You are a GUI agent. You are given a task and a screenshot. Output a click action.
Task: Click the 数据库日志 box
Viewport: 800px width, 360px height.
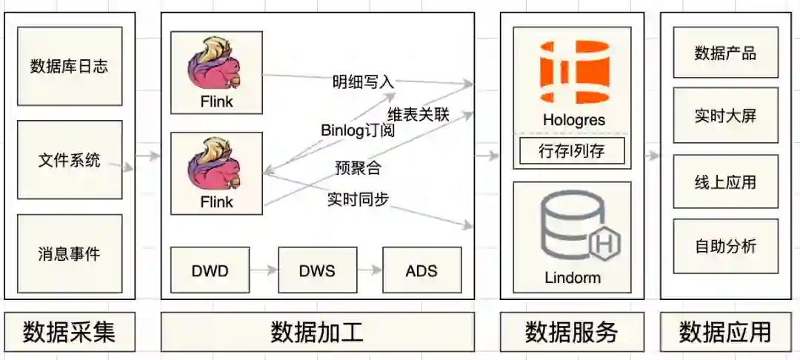click(69, 66)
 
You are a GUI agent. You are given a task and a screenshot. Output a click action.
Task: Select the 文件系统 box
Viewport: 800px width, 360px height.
click(69, 159)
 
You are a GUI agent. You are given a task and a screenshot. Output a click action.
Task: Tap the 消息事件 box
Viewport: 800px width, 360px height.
click(69, 253)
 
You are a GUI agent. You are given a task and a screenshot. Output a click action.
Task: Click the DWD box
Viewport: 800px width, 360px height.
click(210, 270)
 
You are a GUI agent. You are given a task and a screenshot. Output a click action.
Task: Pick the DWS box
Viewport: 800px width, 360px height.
click(317, 270)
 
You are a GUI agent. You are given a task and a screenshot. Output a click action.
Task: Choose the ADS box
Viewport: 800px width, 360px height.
click(421, 270)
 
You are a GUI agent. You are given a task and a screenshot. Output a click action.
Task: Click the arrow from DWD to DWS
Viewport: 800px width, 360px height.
click(263, 270)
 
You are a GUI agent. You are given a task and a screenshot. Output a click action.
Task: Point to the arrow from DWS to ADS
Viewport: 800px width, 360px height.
click(370, 270)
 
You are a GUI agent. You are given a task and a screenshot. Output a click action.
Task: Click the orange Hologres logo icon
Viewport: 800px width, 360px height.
click(573, 73)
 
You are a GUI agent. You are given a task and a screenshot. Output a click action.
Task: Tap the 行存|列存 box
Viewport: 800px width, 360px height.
click(572, 151)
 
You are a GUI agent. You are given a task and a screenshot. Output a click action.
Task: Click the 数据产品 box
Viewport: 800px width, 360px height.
click(725, 53)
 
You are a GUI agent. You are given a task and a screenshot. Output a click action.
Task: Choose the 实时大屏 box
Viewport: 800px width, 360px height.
click(725, 116)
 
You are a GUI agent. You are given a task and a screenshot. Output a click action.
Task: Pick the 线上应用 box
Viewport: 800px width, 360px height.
click(725, 181)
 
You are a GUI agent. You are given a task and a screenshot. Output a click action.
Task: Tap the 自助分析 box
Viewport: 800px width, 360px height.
click(725, 246)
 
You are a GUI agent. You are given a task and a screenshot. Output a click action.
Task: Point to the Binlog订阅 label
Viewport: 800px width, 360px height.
click(358, 130)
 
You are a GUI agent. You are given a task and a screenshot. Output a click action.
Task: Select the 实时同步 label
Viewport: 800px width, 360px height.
click(358, 199)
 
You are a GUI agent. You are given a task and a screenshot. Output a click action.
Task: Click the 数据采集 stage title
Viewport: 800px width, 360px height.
click(69, 332)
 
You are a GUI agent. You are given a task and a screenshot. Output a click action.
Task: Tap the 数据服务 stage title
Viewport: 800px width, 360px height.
click(572, 332)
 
